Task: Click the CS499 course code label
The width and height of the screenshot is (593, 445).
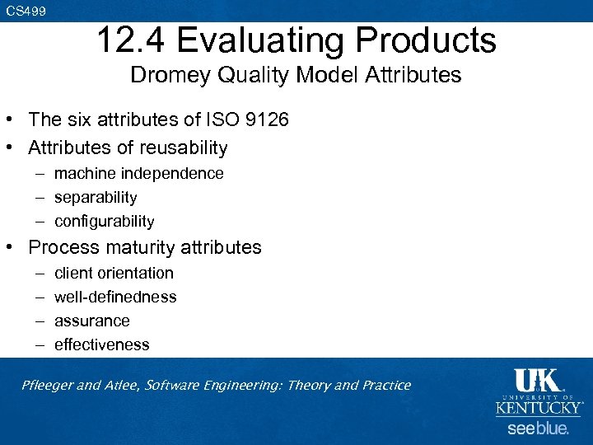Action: tap(26, 11)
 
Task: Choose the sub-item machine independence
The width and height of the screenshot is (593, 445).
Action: tap(138, 174)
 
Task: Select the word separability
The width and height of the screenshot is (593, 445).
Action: tap(96, 198)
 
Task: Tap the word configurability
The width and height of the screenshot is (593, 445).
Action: tap(104, 222)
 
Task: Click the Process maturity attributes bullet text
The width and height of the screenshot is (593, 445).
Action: tap(145, 247)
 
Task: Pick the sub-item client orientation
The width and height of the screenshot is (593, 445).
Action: tap(114, 273)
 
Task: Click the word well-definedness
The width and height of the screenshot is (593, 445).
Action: tap(115, 297)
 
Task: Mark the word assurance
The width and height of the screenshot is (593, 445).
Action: tap(92, 321)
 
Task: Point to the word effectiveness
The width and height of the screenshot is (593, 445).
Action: tap(102, 344)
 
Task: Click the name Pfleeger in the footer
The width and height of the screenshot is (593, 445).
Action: tap(50, 386)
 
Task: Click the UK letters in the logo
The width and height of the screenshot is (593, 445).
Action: tap(537, 381)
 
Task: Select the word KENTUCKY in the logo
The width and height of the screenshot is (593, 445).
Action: tap(539, 407)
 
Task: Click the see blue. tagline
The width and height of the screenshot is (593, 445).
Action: tap(538, 429)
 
